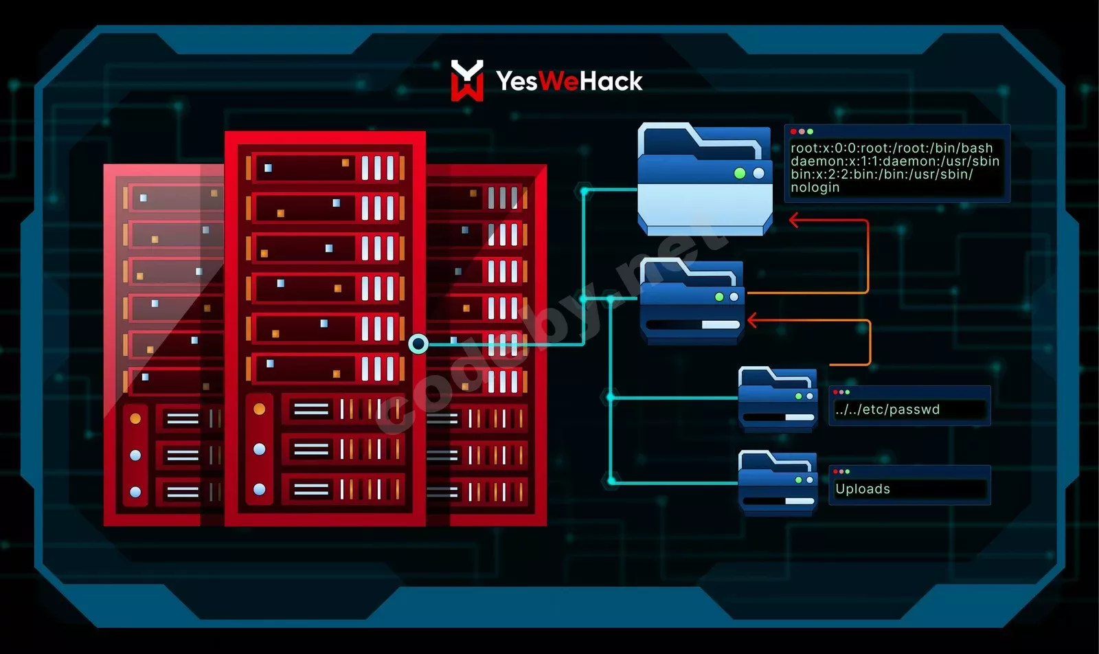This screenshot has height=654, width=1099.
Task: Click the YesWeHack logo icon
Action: pyautogui.click(x=467, y=80)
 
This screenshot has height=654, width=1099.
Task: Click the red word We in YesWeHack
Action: pyautogui.click(x=559, y=81)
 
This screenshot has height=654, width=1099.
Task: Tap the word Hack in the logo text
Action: pyautogui.click(x=611, y=81)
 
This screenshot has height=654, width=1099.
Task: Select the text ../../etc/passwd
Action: pyautogui.click(x=887, y=409)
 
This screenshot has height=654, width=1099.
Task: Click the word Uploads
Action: pyautogui.click(x=863, y=488)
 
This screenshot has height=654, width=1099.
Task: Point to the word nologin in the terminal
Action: pyautogui.click(x=815, y=188)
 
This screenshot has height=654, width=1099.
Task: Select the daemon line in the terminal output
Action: pyautogui.click(x=895, y=161)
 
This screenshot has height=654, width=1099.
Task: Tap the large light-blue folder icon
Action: pyautogui.click(x=705, y=179)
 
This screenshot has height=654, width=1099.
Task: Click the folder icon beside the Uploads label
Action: pyautogui.click(x=778, y=483)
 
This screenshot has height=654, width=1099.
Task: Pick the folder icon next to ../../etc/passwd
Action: pyautogui.click(x=778, y=399)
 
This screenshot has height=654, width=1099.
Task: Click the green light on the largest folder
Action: pyautogui.click(x=740, y=173)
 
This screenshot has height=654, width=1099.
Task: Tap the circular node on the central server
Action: pyautogui.click(x=418, y=344)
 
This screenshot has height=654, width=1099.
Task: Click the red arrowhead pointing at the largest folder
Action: pyautogui.click(x=795, y=220)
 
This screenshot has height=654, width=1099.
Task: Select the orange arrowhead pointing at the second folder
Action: pyautogui.click(x=753, y=320)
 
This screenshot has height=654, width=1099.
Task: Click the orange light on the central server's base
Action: pyautogui.click(x=260, y=409)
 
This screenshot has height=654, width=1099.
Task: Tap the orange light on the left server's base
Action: pyautogui.click(x=135, y=418)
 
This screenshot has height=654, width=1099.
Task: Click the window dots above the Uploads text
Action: pyautogui.click(x=841, y=471)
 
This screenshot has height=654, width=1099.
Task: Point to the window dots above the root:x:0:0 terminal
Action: pyautogui.click(x=802, y=131)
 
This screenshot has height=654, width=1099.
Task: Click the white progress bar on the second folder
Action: pyautogui.click(x=721, y=325)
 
